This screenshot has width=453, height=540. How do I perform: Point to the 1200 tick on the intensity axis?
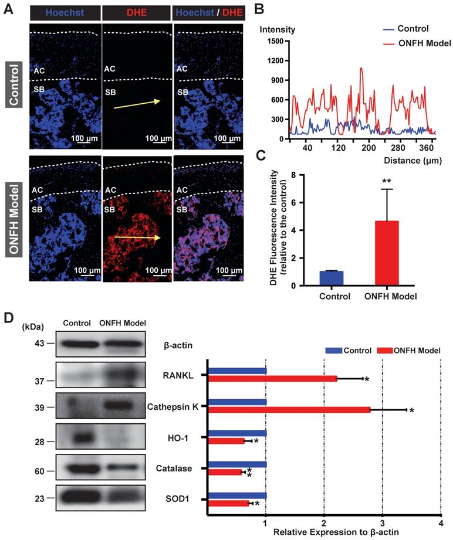point(275,60)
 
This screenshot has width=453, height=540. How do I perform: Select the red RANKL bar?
point(273,378)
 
